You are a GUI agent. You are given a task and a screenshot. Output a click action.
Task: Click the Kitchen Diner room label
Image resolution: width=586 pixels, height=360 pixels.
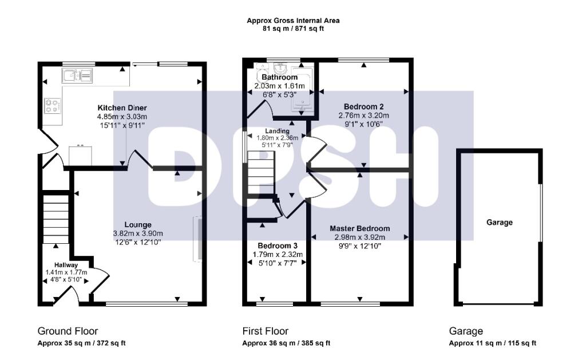click(122, 108)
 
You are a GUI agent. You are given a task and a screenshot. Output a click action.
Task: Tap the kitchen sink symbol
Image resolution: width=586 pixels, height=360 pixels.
click(78, 74)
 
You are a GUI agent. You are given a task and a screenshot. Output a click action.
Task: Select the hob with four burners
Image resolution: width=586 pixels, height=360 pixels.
click(53, 105)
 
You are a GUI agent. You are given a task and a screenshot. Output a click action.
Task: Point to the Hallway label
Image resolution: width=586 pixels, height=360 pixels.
click(66, 264)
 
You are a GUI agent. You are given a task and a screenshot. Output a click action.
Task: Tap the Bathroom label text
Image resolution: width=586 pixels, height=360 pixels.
click(279, 77)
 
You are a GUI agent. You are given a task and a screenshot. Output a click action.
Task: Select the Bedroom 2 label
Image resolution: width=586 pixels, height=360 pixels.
click(363, 106)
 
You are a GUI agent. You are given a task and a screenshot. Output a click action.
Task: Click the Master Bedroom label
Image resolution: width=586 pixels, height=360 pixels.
click(360, 228)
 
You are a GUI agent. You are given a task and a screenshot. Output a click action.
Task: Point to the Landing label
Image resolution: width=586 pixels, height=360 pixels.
click(277, 131)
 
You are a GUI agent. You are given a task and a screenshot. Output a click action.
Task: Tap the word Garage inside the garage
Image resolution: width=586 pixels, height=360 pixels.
click(499, 222)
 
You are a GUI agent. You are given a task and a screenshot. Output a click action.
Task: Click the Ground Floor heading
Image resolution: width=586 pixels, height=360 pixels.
click(68, 331)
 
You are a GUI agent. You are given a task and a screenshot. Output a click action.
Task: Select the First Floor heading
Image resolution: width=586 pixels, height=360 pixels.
click(266, 331)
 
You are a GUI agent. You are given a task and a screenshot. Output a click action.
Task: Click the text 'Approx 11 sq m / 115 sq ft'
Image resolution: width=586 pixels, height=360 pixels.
click(492, 343)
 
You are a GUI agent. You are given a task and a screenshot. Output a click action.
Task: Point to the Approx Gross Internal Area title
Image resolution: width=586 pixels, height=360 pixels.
click(293, 21)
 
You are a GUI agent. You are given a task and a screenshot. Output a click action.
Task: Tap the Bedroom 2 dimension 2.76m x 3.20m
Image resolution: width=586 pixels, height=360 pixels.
click(363, 115)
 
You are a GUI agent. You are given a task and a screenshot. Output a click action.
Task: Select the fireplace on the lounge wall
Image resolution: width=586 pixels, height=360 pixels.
click(198, 239)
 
